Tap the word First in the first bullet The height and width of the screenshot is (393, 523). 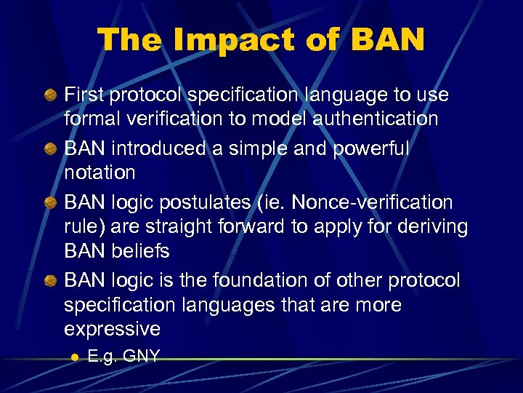pyautogui.click(x=85, y=95)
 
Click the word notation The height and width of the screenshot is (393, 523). pyautogui.click(x=100, y=172)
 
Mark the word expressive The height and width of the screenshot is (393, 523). pyautogui.click(x=112, y=329)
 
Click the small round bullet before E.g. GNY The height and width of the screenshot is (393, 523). pyautogui.click(x=73, y=357)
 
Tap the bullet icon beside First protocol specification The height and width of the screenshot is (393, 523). pyautogui.click(x=49, y=94)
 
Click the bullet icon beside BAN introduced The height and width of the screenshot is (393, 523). pyautogui.click(x=49, y=148)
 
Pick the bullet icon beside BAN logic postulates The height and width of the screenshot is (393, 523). pyautogui.click(x=49, y=202)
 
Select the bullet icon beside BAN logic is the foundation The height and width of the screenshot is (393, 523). pyautogui.click(x=49, y=279)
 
